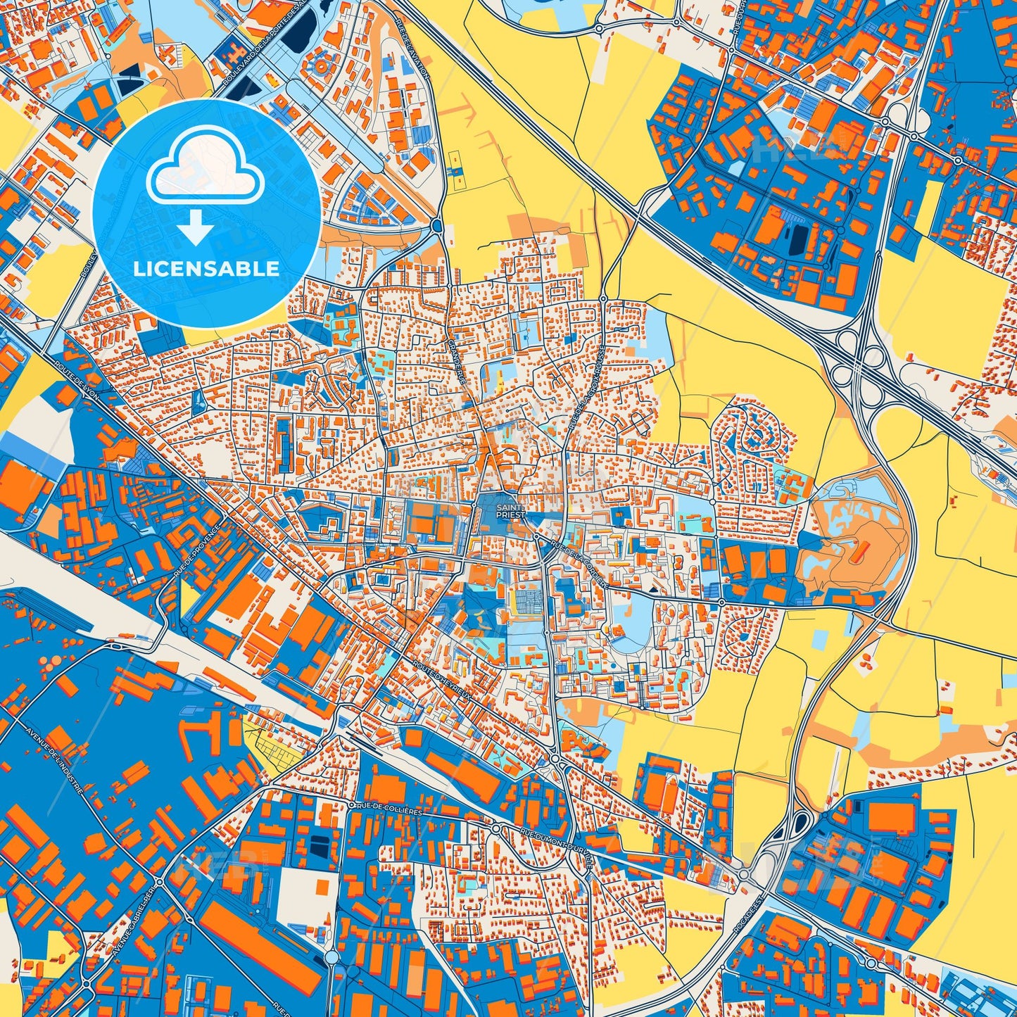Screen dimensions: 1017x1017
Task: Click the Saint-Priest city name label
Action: coord(510,510)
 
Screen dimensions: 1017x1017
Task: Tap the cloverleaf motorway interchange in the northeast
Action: coord(857,359)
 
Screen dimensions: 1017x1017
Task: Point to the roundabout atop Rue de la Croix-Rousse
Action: coord(603,299)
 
